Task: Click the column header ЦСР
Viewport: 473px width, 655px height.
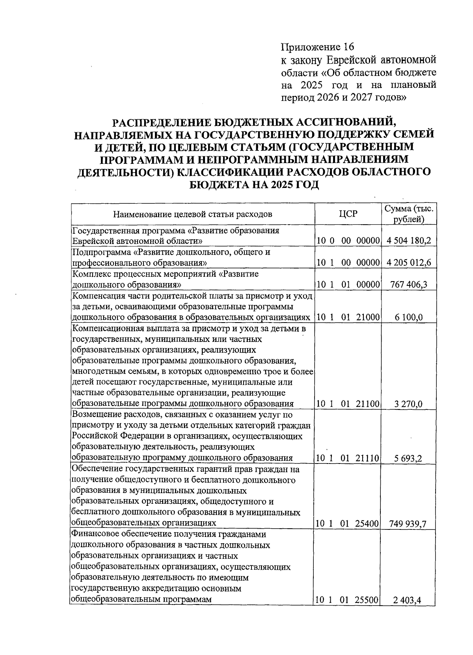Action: point(348,214)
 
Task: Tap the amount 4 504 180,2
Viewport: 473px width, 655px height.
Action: point(410,240)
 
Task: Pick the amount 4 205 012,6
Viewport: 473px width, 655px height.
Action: point(410,263)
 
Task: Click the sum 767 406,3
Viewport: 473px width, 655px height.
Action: point(410,285)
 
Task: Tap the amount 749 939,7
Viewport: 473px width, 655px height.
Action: point(410,524)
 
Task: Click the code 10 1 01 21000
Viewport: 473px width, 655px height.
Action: point(348,317)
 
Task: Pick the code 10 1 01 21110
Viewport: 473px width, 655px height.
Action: point(348,458)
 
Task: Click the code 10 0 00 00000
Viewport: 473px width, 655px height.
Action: point(348,240)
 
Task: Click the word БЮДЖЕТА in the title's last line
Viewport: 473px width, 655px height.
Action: point(216,184)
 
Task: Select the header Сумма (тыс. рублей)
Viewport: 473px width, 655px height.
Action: point(410,214)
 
